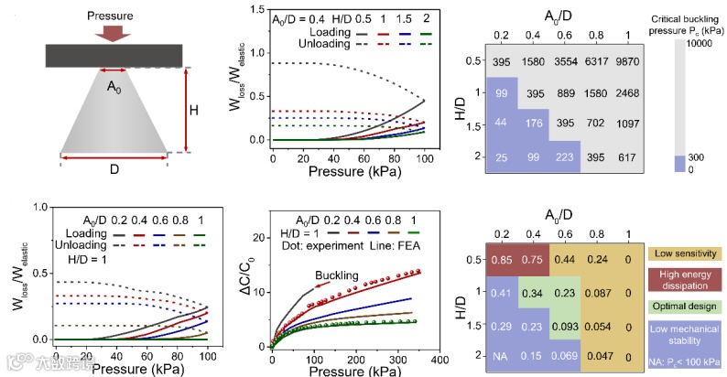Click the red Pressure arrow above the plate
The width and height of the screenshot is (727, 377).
coord(113,34)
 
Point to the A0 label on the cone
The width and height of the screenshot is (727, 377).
coord(114,88)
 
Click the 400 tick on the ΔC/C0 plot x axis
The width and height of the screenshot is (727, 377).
coord(439,361)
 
